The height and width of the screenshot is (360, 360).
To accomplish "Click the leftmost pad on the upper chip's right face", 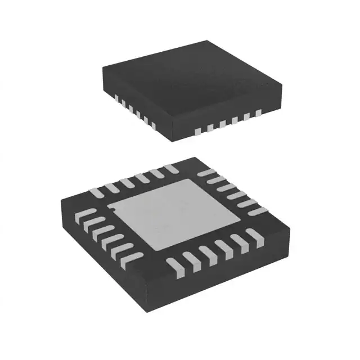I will tap(197, 131).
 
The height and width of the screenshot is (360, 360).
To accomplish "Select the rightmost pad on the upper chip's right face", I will tap(258, 114).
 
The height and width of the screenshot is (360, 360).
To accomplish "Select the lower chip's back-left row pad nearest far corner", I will tap(170, 168).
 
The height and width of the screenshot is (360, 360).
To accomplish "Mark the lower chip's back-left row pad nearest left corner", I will tap(97, 192).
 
